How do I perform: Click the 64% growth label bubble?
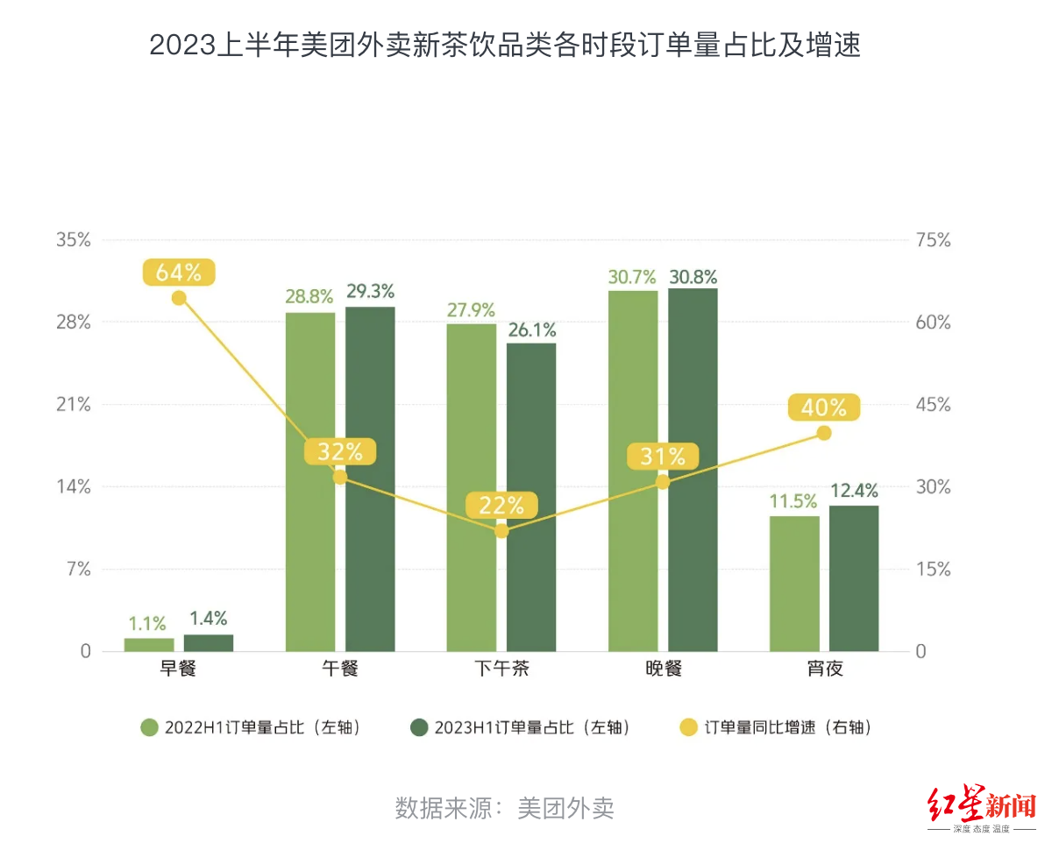click(179, 273)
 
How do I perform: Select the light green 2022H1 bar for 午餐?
click(310, 481)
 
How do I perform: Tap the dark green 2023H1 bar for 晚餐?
click(693, 470)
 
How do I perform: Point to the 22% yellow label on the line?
click(501, 506)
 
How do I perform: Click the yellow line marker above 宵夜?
click(823, 433)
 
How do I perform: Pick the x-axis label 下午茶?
click(501, 670)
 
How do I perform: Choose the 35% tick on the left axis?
click(74, 240)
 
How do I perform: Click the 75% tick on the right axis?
click(932, 240)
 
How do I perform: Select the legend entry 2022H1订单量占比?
click(251, 727)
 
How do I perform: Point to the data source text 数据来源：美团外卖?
click(505, 807)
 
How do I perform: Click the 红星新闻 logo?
click(981, 807)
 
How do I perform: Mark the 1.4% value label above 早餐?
click(209, 619)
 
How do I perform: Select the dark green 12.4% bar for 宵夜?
click(854, 578)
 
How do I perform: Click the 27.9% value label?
click(471, 309)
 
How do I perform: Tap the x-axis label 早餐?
click(178, 670)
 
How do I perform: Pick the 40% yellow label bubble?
click(824, 407)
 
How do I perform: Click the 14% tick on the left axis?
click(74, 487)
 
